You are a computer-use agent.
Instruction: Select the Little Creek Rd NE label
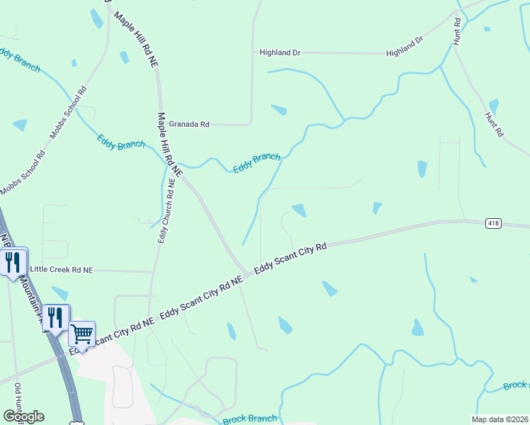[x=62, y=270]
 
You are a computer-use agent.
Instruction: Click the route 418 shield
[x=494, y=223]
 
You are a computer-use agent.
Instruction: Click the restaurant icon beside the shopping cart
[x=55, y=317]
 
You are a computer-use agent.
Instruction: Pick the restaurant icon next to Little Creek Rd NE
[x=13, y=263]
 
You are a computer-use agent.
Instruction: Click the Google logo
[x=23, y=416]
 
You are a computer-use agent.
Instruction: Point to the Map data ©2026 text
[x=500, y=419]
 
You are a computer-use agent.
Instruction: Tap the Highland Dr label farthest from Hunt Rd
[x=280, y=52]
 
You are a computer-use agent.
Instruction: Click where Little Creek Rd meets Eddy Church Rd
[x=153, y=271]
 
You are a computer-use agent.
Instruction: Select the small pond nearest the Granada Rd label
[x=279, y=110]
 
